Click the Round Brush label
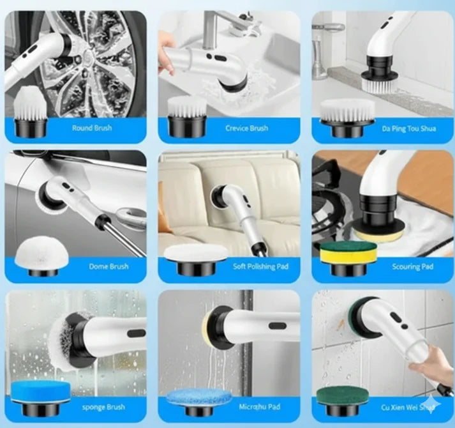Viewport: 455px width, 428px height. pos(92,128)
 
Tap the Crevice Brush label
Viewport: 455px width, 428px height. pos(247,128)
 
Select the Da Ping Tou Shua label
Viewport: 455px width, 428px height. pos(409,128)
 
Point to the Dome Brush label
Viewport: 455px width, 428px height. pos(109,266)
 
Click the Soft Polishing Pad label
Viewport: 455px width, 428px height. pos(260,266)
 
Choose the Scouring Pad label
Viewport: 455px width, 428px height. pos(413,266)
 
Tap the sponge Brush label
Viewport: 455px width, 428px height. pos(103,407)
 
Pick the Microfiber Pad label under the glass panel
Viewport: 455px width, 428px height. pos(260,406)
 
